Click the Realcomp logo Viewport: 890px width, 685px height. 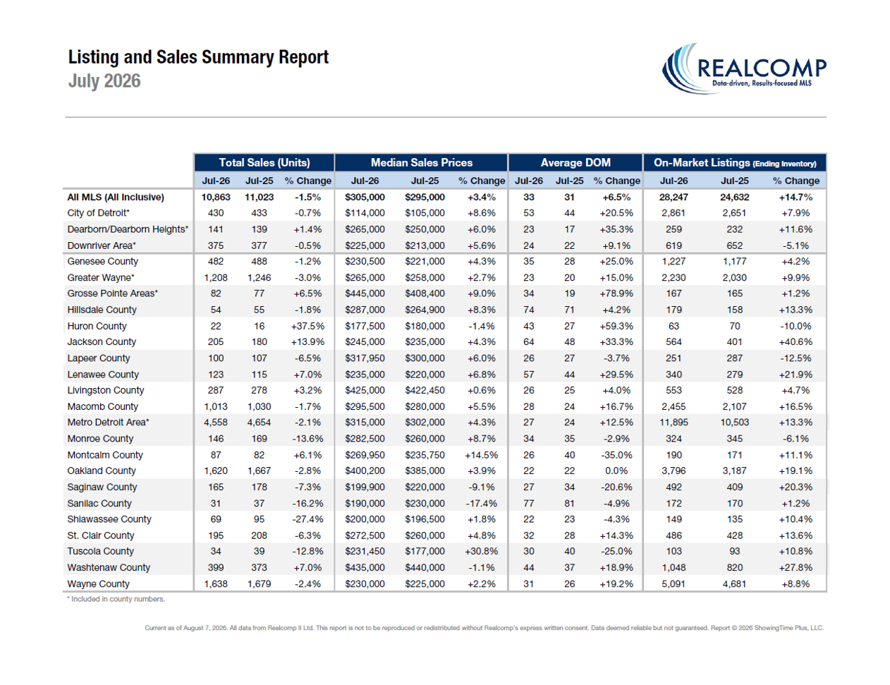(744, 69)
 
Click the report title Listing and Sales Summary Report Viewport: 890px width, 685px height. (198, 57)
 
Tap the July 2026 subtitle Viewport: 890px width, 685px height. (104, 80)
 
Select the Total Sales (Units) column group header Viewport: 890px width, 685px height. (264, 163)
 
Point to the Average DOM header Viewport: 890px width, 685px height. (575, 163)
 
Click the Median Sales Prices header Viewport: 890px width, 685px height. (422, 163)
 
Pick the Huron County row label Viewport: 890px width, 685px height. (97, 326)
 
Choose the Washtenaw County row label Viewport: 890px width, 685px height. (109, 567)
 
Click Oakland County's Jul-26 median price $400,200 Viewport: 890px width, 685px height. (365, 471)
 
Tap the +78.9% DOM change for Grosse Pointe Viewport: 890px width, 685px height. (616, 293)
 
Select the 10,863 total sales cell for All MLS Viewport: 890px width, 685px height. (216, 197)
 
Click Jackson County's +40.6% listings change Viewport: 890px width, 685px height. (795, 342)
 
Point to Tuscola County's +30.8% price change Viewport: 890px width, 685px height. (481, 552)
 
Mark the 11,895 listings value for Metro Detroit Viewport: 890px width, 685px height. (673, 423)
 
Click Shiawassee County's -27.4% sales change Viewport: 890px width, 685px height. (307, 519)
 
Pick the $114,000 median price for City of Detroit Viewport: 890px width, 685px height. (365, 213)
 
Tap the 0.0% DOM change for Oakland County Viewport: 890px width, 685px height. (616, 471)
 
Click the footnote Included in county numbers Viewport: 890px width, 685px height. (116, 599)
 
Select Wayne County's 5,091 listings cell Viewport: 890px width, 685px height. (673, 584)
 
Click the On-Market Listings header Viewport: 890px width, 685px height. (735, 163)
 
